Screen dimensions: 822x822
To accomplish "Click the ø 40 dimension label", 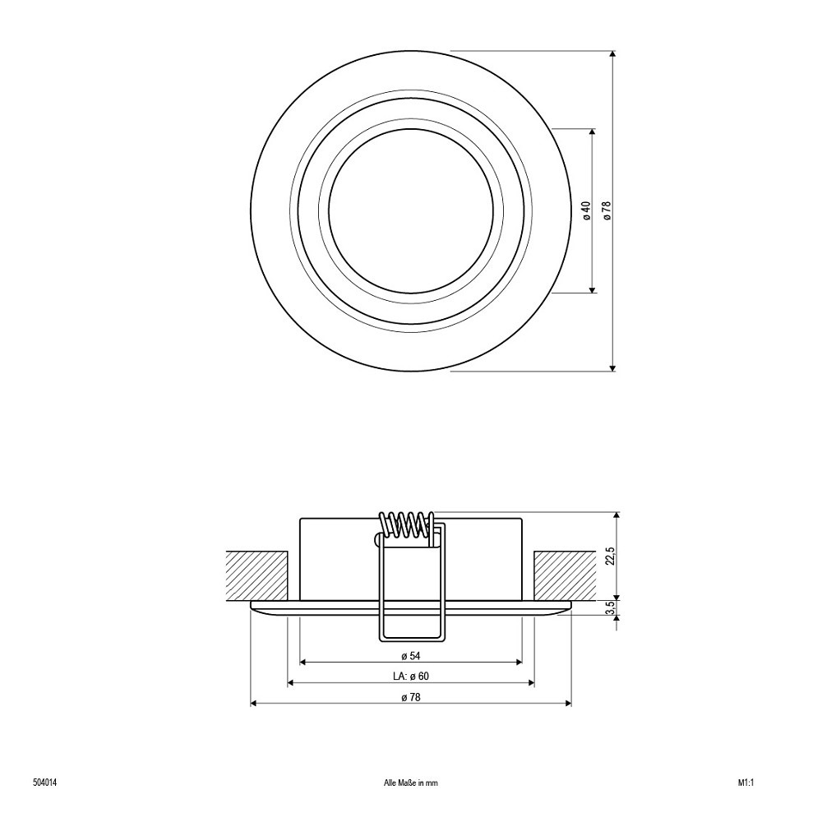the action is click(x=587, y=210).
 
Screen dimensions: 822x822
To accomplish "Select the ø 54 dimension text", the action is click(x=411, y=656).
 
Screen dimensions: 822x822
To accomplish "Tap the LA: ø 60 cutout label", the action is click(x=411, y=677).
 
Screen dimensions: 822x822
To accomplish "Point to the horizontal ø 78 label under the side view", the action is click(x=411, y=697).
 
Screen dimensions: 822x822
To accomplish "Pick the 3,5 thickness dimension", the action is click(x=609, y=607).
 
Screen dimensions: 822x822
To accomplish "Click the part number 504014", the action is click(x=44, y=783).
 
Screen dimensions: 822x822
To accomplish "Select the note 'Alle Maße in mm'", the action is click(x=411, y=783).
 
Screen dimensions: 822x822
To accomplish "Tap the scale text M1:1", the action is click(x=746, y=783).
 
